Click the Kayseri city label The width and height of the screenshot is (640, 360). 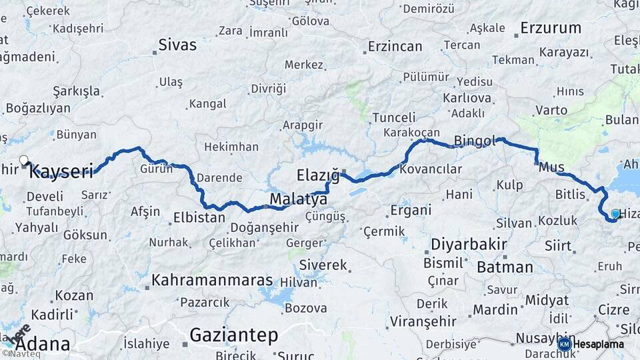[x=61, y=172]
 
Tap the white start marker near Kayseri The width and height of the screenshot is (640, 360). [x=24, y=160]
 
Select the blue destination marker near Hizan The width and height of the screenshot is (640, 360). [x=615, y=214]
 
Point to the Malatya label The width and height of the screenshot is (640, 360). [x=298, y=199]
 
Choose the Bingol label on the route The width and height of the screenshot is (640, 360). [x=475, y=141]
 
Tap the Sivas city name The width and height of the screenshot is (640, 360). [x=177, y=45]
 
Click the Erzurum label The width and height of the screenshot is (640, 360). [x=551, y=28]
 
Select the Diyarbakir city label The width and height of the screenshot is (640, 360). [x=469, y=243]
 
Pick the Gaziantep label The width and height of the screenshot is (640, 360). [x=233, y=335]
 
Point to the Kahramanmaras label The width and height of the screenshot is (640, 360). [x=212, y=280]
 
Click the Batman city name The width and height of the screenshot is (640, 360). [x=505, y=267]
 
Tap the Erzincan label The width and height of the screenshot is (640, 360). [x=396, y=47]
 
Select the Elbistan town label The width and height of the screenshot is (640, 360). [x=199, y=217]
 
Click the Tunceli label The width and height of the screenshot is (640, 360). [x=393, y=117]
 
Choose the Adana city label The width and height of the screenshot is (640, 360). [x=42, y=344]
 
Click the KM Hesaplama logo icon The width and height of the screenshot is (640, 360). [x=564, y=344]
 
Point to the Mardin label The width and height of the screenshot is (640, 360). [x=495, y=309]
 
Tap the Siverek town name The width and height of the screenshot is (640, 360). [x=323, y=265]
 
